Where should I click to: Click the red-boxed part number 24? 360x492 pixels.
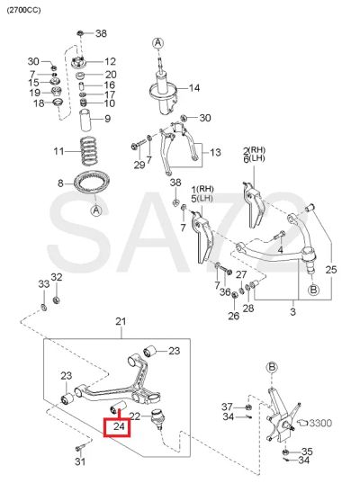click(119, 426)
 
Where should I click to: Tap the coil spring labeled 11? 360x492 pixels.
click(89, 151)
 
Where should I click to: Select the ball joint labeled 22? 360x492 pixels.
click(157, 418)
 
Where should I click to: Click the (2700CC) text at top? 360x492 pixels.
click(24, 10)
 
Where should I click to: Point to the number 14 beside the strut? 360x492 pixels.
click(194, 88)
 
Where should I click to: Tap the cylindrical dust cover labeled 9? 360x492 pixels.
click(85, 120)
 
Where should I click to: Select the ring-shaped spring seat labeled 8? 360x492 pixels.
click(92, 183)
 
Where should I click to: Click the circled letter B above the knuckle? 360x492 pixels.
click(272, 367)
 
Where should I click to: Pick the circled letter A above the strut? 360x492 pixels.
click(157, 42)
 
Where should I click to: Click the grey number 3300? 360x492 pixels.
click(320, 424)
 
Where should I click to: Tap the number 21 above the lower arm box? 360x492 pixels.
click(121, 321)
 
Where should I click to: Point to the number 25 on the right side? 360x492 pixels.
click(331, 270)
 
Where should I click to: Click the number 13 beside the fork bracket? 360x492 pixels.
click(215, 153)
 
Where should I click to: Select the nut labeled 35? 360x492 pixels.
click(285, 452)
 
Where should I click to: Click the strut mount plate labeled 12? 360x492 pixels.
click(78, 62)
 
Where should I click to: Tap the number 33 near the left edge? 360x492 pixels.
click(44, 284)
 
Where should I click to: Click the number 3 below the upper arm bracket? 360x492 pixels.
click(292, 312)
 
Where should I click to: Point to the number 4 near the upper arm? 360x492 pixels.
click(280, 250)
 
